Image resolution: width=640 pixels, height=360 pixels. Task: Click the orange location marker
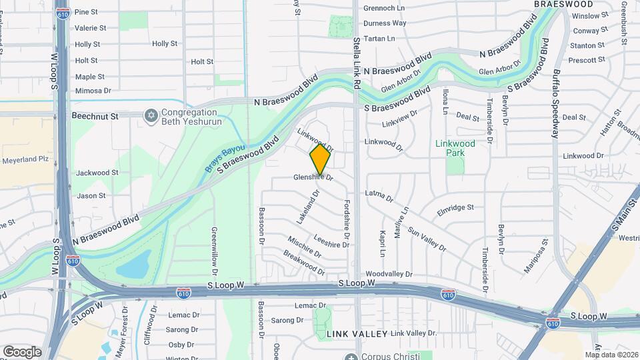coord(321,159)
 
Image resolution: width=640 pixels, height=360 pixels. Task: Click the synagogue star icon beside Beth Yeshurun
coord(151,116)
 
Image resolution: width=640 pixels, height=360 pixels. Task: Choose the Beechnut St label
coord(95,116)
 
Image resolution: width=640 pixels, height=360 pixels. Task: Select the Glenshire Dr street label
coord(313,177)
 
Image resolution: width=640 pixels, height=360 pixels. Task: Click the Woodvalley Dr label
coord(389,274)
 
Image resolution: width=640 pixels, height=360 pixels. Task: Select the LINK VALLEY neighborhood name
coord(357,333)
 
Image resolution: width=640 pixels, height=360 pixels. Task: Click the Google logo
coord(22,351)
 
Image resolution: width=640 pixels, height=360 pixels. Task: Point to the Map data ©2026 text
coord(611,355)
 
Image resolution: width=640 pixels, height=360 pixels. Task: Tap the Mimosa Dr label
coord(93,91)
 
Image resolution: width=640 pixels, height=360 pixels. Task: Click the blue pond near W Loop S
coord(133,267)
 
